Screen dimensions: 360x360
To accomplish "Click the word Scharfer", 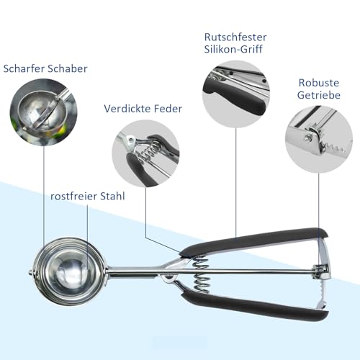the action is click(24, 68).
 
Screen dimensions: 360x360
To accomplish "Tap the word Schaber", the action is click(68, 68).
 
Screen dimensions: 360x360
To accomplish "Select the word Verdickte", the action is click(127, 109).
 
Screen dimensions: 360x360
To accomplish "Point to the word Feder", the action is click(168, 109).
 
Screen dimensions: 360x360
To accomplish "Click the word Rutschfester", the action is click(235, 37).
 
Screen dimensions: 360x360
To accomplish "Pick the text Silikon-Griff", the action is click(233, 49).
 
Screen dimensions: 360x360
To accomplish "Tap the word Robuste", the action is click(319, 83).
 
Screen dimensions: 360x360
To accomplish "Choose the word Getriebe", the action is click(319, 95).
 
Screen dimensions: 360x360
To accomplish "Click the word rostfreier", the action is click(73, 197).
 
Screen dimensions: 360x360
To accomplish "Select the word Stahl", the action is click(112, 197).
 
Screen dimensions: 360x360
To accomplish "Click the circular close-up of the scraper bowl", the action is click(43, 112).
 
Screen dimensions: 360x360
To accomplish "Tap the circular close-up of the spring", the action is click(145, 153).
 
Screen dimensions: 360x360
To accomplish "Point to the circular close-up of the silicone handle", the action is click(236, 94).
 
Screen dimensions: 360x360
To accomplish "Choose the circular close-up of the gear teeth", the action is click(319, 139).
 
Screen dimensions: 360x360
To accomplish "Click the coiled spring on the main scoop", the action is click(201, 274).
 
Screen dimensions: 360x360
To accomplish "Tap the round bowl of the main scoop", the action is click(70, 271).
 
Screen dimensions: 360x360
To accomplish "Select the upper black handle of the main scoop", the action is click(254, 240).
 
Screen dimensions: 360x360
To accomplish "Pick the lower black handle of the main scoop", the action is click(254, 305).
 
